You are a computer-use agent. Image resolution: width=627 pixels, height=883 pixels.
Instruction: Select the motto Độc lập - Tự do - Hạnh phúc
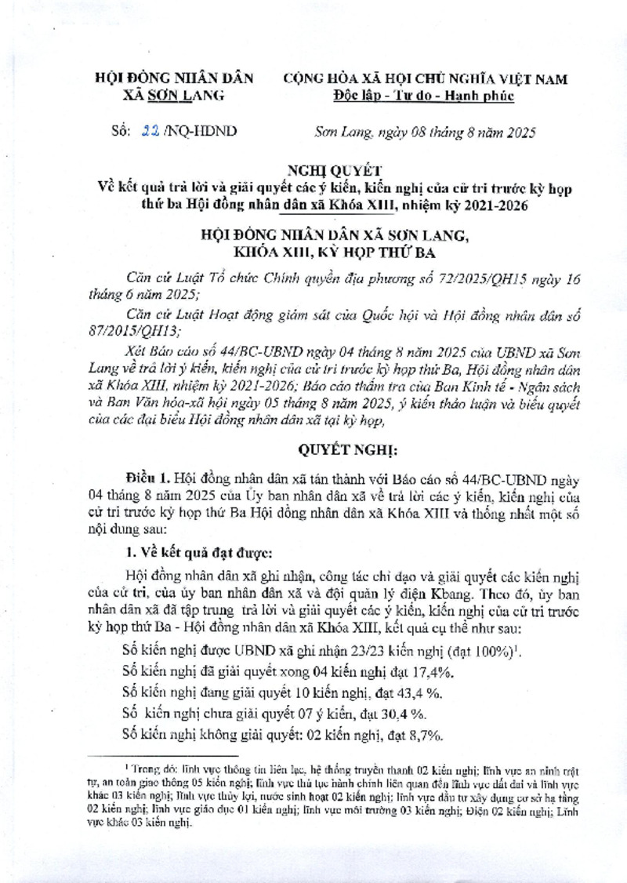423,96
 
